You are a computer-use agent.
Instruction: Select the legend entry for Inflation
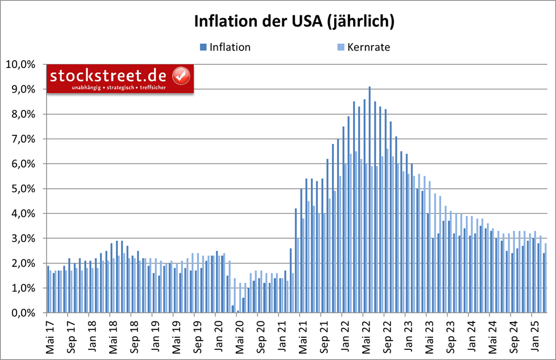230,47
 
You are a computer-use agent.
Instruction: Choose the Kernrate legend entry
368,47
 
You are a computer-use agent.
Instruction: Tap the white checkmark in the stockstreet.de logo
180,75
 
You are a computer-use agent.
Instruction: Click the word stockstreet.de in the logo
110,75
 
